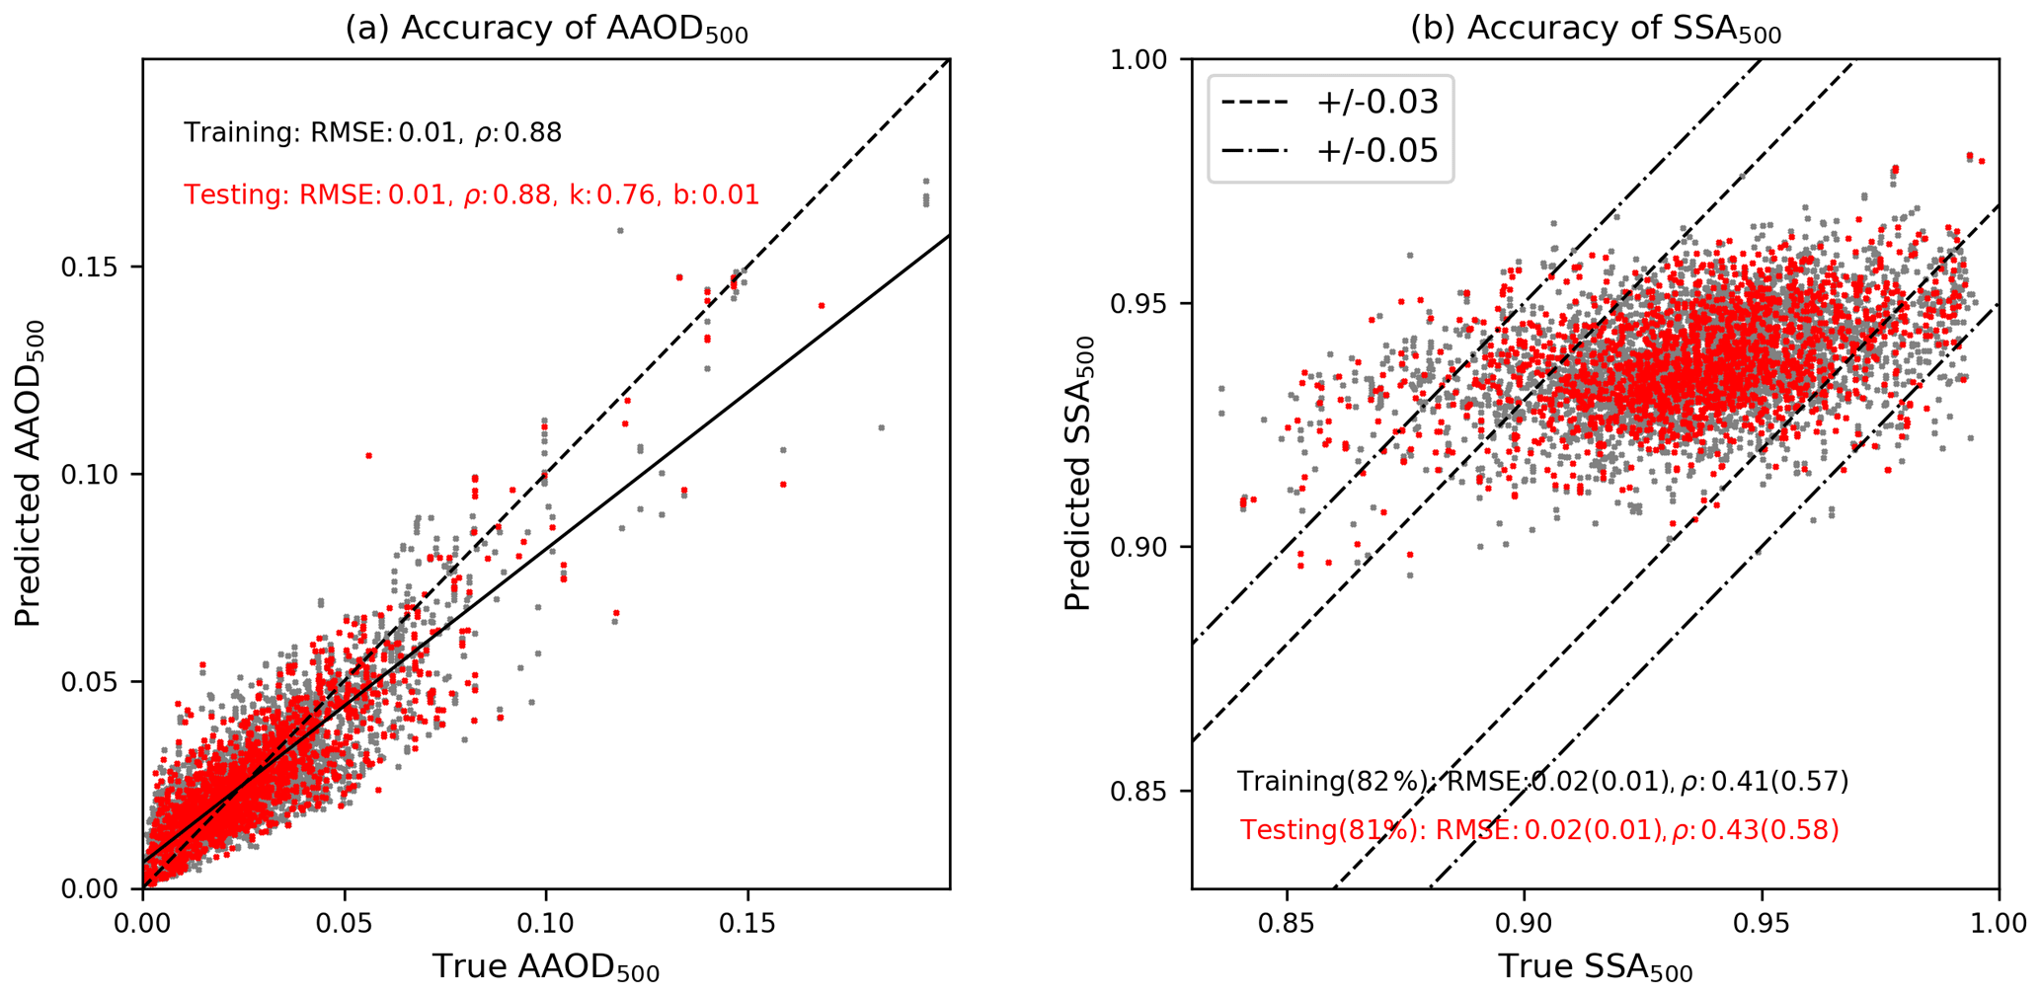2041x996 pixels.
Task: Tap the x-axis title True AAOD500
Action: pos(545,968)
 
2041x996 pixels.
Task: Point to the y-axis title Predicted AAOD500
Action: pos(30,473)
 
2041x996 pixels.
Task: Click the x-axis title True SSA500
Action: pos(1595,968)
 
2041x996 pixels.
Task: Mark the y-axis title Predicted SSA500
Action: pos(1080,473)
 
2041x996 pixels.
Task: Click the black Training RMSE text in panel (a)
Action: pos(372,132)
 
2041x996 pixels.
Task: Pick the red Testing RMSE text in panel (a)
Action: pos(471,194)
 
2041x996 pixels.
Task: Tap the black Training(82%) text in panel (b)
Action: pos(1542,782)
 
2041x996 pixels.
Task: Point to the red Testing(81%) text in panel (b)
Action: pos(1539,830)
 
